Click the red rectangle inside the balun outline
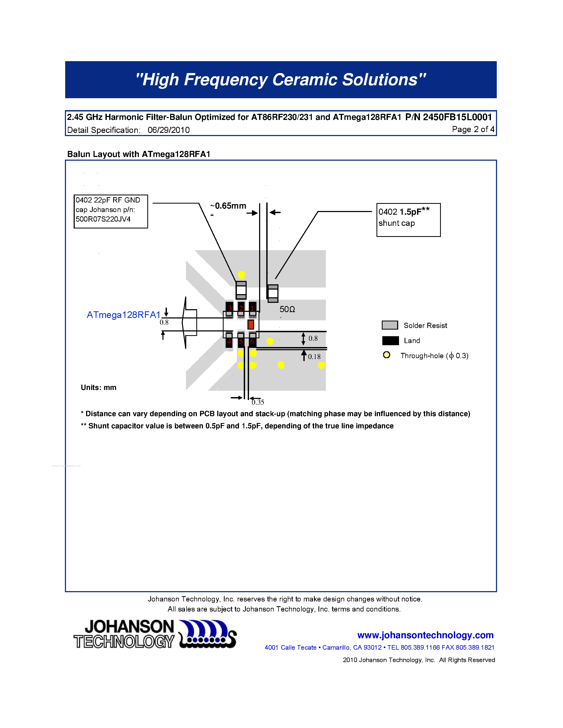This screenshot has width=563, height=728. (x=251, y=324)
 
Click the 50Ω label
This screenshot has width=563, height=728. (x=287, y=309)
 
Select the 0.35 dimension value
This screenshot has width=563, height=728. (x=258, y=402)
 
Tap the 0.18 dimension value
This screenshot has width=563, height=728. (x=314, y=357)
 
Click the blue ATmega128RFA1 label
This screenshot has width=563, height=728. (x=124, y=315)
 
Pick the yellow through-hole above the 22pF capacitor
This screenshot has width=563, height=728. (x=241, y=275)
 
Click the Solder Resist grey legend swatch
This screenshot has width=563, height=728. (x=389, y=325)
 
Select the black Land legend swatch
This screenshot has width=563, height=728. (x=390, y=340)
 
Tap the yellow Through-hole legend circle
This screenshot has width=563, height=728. (x=387, y=355)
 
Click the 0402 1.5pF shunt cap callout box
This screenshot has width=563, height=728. (x=408, y=220)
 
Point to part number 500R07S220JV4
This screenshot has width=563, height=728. (x=103, y=219)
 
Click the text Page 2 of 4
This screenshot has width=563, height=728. (x=473, y=129)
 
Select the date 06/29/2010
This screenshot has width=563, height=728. (x=169, y=130)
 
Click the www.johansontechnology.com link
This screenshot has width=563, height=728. (x=425, y=635)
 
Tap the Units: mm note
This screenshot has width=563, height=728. (x=98, y=387)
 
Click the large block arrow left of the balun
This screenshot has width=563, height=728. (x=189, y=323)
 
